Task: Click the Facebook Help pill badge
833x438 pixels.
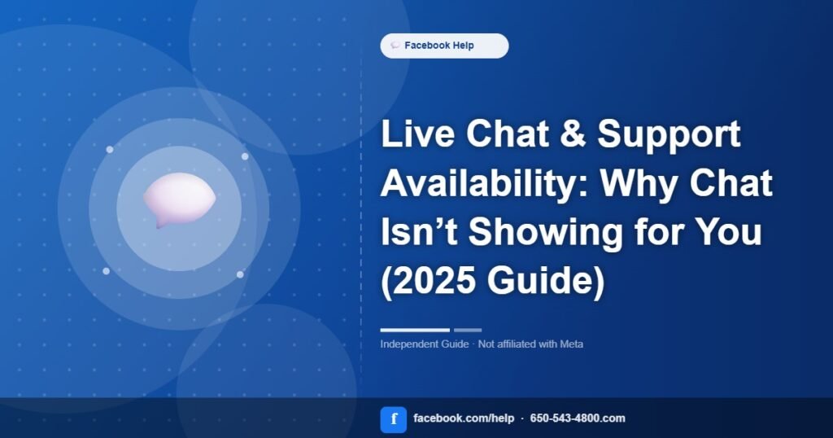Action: click(x=444, y=46)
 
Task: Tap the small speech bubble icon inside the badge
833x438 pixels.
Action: click(x=395, y=46)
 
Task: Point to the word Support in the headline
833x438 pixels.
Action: click(x=669, y=135)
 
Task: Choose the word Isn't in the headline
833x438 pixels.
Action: click(x=419, y=232)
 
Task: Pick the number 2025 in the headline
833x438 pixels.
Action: click(x=429, y=281)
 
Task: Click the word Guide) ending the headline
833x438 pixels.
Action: click(x=546, y=281)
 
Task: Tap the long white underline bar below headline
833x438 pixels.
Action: click(x=415, y=330)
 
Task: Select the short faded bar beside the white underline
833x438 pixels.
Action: click(x=468, y=330)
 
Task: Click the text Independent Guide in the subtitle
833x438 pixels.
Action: click(x=425, y=344)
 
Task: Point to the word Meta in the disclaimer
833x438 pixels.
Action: click(x=572, y=344)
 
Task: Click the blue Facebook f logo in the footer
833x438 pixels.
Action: click(x=394, y=419)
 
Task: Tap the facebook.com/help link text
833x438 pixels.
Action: click(x=464, y=418)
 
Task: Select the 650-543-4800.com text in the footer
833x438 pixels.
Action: click(x=578, y=418)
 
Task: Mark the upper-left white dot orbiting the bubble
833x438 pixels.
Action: click(x=110, y=149)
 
